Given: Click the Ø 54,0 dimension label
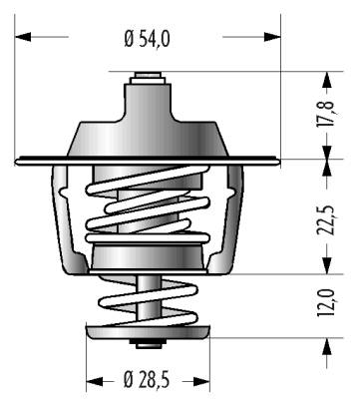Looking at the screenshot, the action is coord(147,39).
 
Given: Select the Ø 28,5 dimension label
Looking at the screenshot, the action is coord(147,379).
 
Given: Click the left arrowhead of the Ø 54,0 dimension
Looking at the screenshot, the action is coord(23,37).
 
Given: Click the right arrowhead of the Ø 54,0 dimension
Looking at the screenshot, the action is coord(272,37).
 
